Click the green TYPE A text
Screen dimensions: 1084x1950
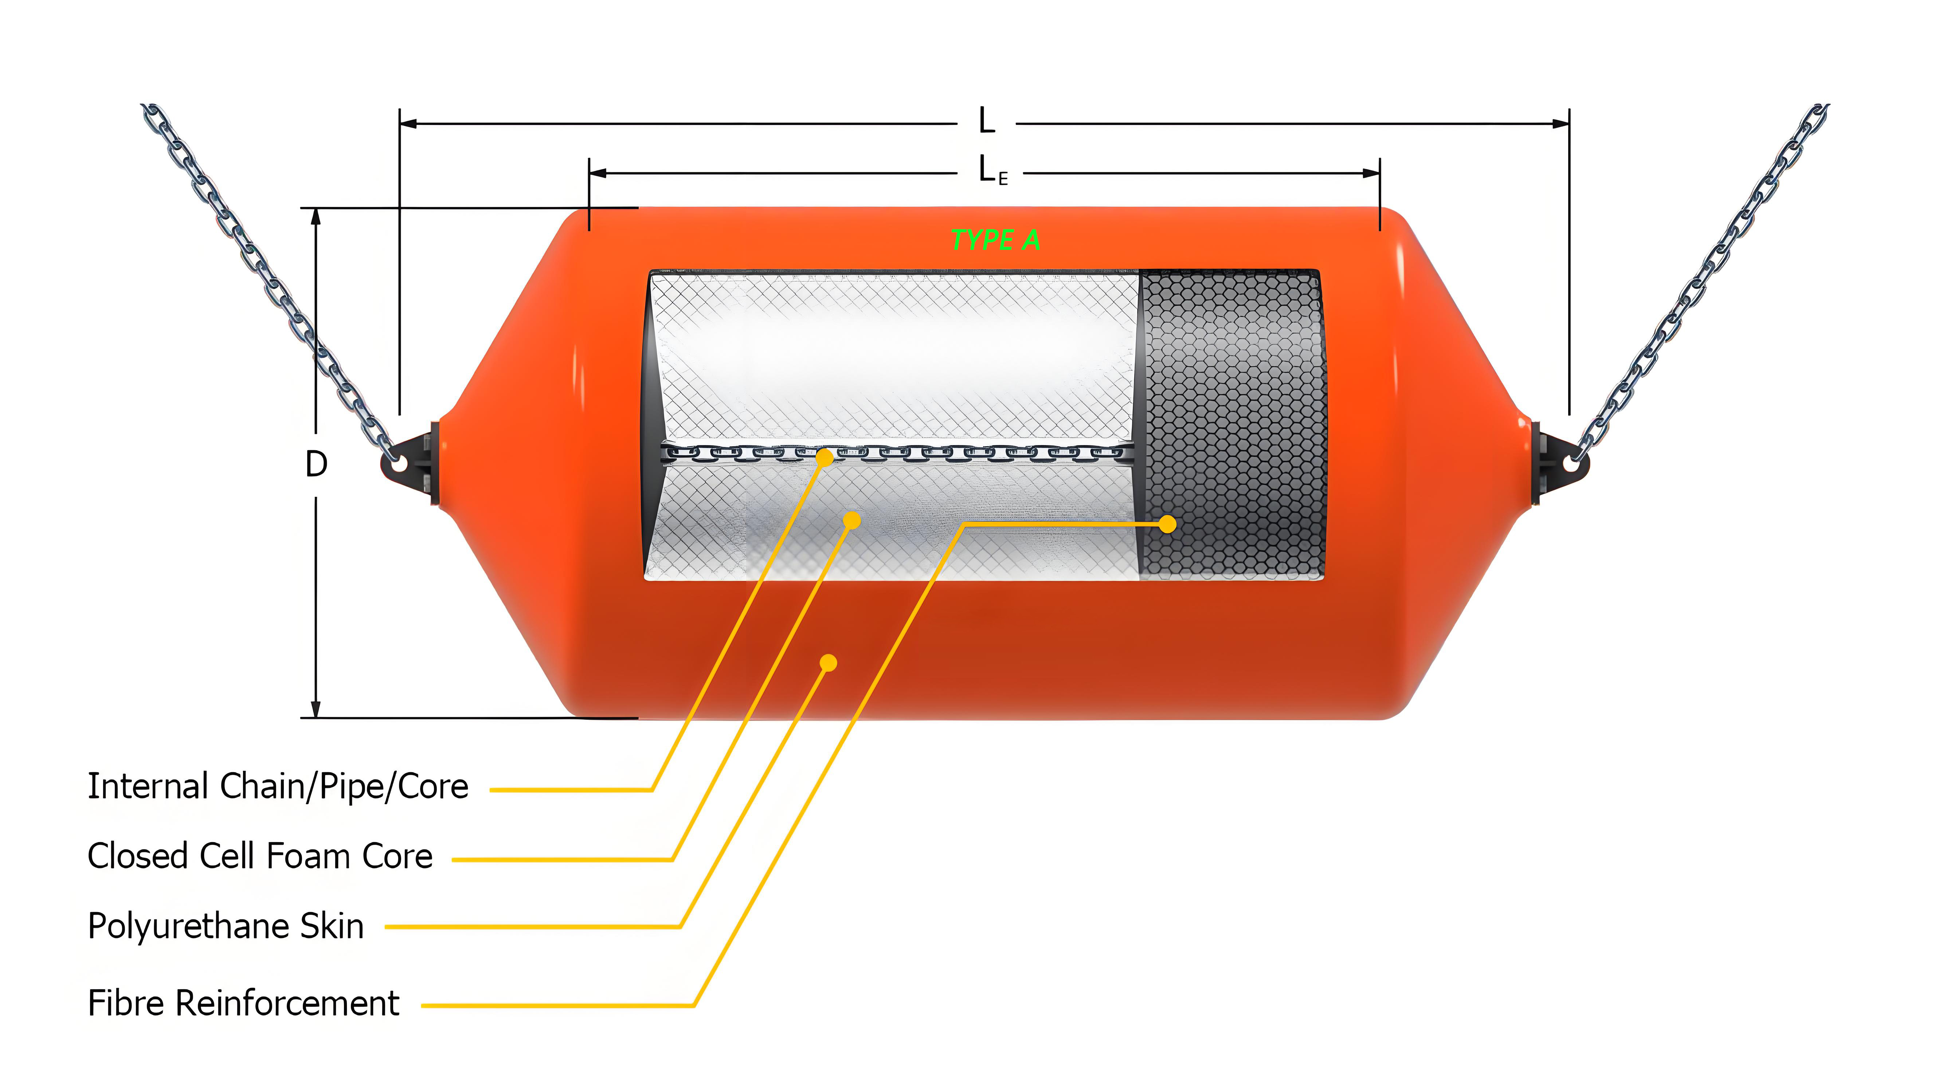[x=995, y=240]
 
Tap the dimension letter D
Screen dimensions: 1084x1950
[x=316, y=464]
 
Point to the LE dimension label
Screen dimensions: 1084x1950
[x=992, y=170]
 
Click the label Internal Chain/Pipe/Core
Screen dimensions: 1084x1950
[x=278, y=786]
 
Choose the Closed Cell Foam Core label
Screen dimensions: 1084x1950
[x=260, y=856]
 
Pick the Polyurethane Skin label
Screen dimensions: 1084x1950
[x=226, y=926]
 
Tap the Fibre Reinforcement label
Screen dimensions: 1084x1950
[x=243, y=1004]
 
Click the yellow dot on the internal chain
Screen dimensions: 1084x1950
[x=825, y=457]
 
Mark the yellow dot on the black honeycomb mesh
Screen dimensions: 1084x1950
[x=1167, y=524]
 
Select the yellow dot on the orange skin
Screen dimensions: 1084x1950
[x=828, y=663]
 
